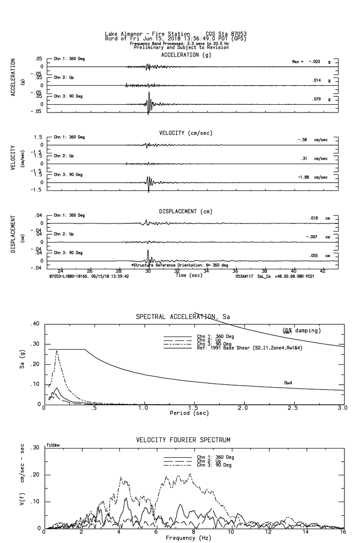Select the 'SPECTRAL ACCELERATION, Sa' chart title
click(x=183, y=317)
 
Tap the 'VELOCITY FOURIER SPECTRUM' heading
click(x=183, y=440)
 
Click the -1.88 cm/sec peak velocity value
click(x=305, y=178)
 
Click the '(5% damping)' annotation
click(x=302, y=331)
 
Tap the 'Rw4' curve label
click(x=288, y=383)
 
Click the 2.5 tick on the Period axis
click(x=293, y=408)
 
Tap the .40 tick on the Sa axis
click(x=35, y=324)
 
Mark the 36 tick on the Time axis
click(x=235, y=271)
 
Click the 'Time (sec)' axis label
click(x=189, y=276)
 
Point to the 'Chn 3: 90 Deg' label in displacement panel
click(x=69, y=253)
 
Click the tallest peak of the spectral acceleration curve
click(x=57, y=351)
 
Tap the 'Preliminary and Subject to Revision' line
click(x=181, y=47)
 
